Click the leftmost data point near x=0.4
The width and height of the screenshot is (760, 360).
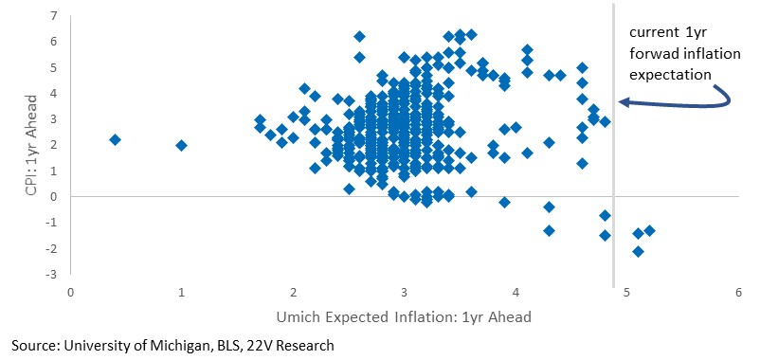click(x=115, y=139)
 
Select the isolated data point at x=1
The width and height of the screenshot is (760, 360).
click(x=181, y=145)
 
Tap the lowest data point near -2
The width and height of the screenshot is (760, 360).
click(x=638, y=251)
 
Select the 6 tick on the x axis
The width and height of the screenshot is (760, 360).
click(x=738, y=293)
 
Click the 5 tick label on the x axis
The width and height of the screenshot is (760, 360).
click(x=627, y=293)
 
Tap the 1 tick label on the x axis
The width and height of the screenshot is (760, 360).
click(x=182, y=293)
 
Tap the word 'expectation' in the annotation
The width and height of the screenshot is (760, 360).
click(x=670, y=75)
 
